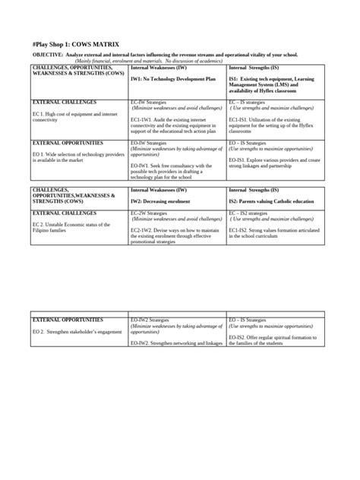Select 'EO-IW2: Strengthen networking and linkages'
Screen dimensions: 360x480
point(176,343)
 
